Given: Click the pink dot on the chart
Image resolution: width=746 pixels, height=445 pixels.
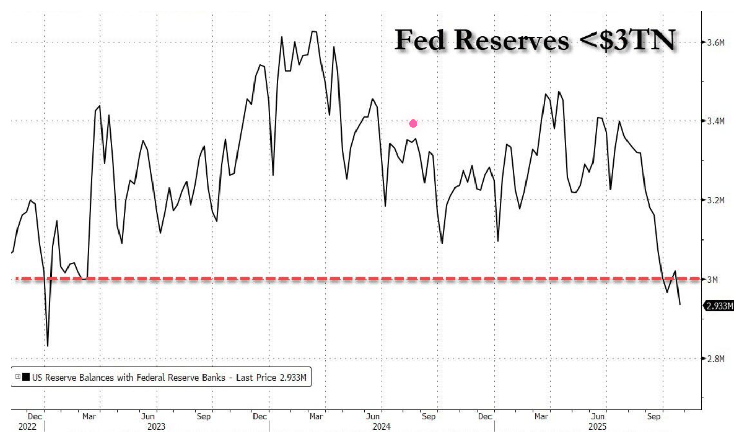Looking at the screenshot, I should pos(413,124).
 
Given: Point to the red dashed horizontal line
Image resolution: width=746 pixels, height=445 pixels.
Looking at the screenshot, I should pos(361,279).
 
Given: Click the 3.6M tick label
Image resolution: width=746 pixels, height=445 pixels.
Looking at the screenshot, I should pos(716,42).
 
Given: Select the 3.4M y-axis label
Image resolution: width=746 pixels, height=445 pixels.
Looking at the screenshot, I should pos(716,121).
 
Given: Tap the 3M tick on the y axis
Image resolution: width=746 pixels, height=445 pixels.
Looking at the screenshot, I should pos(713,279).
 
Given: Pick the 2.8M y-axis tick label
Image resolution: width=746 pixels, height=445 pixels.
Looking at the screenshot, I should pos(716,358).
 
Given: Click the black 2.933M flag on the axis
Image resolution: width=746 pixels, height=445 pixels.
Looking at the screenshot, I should pos(719,306).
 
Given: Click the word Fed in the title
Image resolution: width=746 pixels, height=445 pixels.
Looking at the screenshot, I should pos(420,40).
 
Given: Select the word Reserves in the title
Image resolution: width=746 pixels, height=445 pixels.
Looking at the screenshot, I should pos(513,40).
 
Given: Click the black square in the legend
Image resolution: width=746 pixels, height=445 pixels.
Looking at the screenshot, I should pos(26,378).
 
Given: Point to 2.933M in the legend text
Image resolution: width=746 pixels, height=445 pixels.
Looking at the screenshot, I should pos(293,378).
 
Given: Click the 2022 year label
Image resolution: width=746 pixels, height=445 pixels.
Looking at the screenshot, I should pos(28,426).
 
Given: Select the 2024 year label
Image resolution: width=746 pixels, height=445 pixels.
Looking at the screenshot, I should pos(381,426).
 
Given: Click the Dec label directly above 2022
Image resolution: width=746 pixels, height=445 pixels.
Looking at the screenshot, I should pos(35,416).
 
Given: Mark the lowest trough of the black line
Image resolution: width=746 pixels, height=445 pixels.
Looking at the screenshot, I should pos(48,346).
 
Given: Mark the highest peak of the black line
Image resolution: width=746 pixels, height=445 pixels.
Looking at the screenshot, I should pos(313,31).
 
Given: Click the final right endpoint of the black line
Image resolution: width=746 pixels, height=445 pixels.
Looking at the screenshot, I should pos(680,305).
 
